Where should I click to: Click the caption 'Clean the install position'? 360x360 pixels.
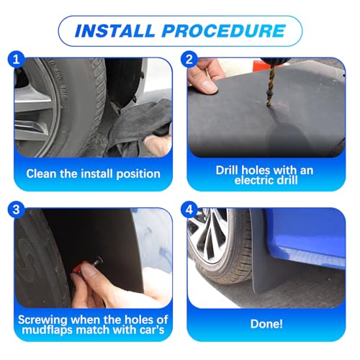(94, 174)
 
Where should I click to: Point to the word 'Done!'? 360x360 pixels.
(266, 324)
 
